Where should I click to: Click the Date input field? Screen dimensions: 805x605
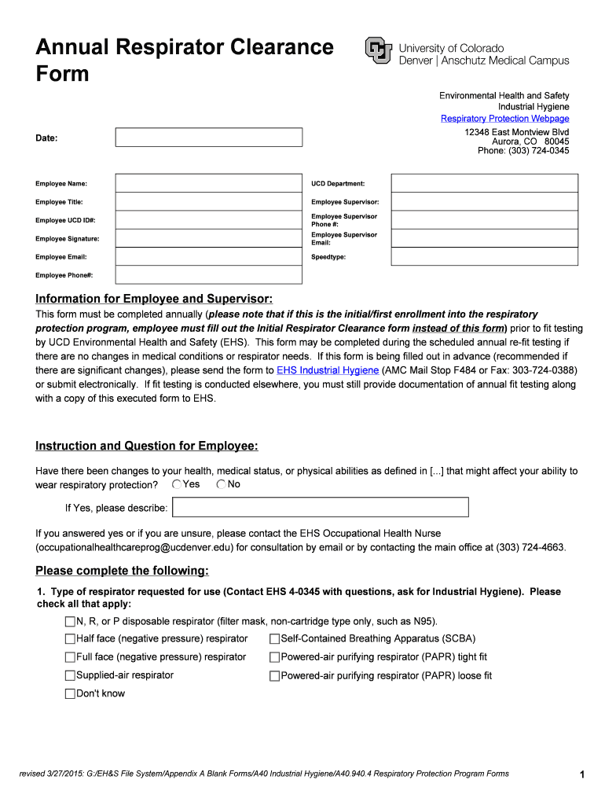point(208,138)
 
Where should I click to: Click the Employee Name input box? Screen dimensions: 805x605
point(208,183)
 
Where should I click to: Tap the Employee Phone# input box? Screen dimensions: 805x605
point(208,275)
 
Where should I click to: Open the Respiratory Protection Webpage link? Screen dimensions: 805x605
point(504,119)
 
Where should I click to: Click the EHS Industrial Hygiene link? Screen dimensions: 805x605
point(328,370)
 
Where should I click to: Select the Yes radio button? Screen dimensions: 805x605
point(177,484)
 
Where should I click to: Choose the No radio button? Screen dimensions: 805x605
point(221,484)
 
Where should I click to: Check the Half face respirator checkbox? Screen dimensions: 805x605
point(70,639)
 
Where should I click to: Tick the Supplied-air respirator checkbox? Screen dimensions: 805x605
point(70,676)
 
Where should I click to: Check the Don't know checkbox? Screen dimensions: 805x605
point(70,694)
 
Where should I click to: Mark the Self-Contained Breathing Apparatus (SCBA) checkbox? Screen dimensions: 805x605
point(274,639)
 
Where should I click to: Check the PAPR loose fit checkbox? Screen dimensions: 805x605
point(274,676)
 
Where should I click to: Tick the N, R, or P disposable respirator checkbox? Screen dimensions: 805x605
point(70,622)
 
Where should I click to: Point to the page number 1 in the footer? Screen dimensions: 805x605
point(582,775)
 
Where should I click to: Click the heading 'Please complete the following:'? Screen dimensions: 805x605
point(122,571)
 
